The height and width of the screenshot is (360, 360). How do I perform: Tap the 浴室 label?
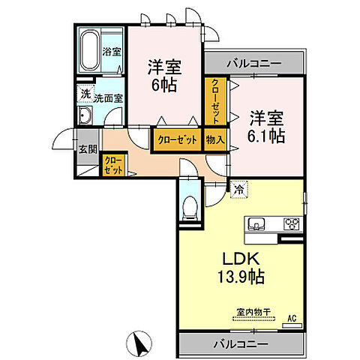click(x=112, y=53)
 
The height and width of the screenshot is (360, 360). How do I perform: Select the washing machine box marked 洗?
click(x=85, y=95)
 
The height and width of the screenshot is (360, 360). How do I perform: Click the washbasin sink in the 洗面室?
click(x=85, y=115)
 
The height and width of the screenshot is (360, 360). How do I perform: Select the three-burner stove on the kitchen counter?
click(x=289, y=223)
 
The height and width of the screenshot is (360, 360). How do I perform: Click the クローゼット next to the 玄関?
click(x=114, y=164)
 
